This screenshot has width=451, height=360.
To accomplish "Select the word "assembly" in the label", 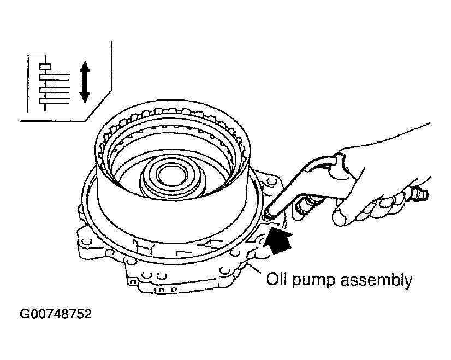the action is coord(376,280).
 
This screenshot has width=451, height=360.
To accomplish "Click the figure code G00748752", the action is coord(56,314).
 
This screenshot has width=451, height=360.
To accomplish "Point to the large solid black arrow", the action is coord(277,239).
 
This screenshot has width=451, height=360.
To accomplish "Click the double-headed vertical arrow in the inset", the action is coord(85,81).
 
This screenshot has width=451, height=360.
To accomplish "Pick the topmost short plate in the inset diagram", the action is coord(45,67).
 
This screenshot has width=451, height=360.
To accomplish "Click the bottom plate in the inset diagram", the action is coord(55,101).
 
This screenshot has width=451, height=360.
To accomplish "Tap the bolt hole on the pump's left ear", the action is coord(86,241).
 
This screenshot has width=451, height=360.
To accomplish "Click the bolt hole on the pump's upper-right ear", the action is coord(270,181).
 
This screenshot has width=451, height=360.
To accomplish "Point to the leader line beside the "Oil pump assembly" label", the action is coord(254,268).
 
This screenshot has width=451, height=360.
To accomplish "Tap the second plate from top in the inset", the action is coord(55,77).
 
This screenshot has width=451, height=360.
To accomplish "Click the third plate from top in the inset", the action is coord(55,90).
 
